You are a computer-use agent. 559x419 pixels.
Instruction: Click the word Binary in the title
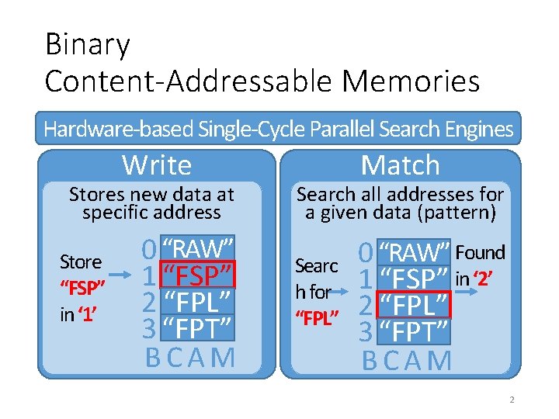(x=87, y=45)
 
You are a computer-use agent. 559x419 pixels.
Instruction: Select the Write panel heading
(x=157, y=165)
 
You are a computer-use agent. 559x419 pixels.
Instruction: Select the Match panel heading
(x=400, y=165)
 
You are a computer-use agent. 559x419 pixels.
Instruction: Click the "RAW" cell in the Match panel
(x=413, y=254)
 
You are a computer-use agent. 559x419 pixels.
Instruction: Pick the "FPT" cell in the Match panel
(x=413, y=332)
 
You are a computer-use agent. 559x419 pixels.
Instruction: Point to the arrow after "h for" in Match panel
(x=345, y=292)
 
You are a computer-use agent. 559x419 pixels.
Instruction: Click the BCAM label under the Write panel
(x=190, y=357)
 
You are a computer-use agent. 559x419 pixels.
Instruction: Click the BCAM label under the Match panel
(x=406, y=361)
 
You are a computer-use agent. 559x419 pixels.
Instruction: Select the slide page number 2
(x=512, y=400)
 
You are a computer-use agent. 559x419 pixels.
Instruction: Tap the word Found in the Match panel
(x=480, y=253)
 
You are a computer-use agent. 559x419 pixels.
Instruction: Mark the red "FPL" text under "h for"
(x=317, y=317)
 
